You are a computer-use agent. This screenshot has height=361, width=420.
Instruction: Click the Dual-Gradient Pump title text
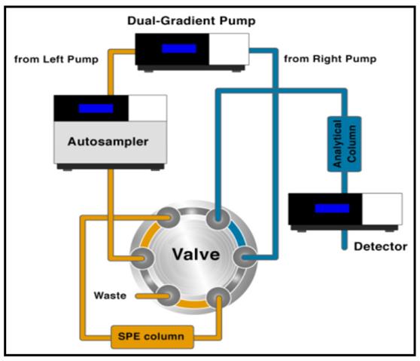point(191,21)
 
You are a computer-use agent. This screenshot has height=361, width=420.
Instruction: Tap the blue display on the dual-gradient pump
point(179,48)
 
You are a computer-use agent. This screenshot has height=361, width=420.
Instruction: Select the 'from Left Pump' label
point(56,60)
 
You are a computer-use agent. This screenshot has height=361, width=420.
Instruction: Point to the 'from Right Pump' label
point(330,59)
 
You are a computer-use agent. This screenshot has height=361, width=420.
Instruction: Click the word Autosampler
point(108,142)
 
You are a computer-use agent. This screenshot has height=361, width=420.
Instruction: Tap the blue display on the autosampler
point(96,109)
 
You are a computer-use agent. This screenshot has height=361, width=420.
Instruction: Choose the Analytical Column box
point(345,144)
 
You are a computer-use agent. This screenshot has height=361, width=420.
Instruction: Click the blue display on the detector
point(332,209)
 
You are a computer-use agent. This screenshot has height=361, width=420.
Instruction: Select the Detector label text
point(381,246)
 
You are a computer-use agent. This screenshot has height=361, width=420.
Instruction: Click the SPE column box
point(152,337)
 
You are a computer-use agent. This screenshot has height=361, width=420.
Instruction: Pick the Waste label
point(110,295)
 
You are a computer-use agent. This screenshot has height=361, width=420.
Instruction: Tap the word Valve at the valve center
point(196,254)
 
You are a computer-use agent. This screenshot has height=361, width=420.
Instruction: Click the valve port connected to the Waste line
point(168,296)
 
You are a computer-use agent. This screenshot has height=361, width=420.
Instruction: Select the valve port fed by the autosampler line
point(142,259)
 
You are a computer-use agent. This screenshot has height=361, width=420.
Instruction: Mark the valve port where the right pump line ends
point(244,258)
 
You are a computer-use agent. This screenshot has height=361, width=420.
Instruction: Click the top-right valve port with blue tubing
point(218,219)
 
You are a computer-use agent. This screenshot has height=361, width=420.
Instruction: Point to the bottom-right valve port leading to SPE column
point(218,298)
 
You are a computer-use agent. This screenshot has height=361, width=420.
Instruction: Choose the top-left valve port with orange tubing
point(168,218)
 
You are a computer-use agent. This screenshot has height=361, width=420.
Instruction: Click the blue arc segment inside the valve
point(239,233)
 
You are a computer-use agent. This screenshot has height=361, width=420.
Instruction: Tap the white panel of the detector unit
point(382,209)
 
